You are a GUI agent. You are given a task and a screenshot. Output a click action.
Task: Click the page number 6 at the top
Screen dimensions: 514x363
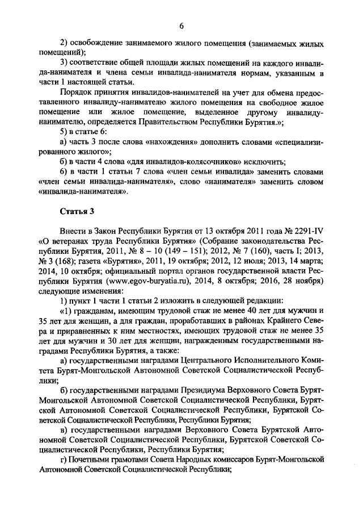181,26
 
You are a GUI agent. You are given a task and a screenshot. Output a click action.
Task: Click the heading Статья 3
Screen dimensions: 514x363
76,212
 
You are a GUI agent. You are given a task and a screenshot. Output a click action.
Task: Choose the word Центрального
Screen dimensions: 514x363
191,362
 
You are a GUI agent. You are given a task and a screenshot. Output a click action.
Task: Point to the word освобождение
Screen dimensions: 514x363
98,44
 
